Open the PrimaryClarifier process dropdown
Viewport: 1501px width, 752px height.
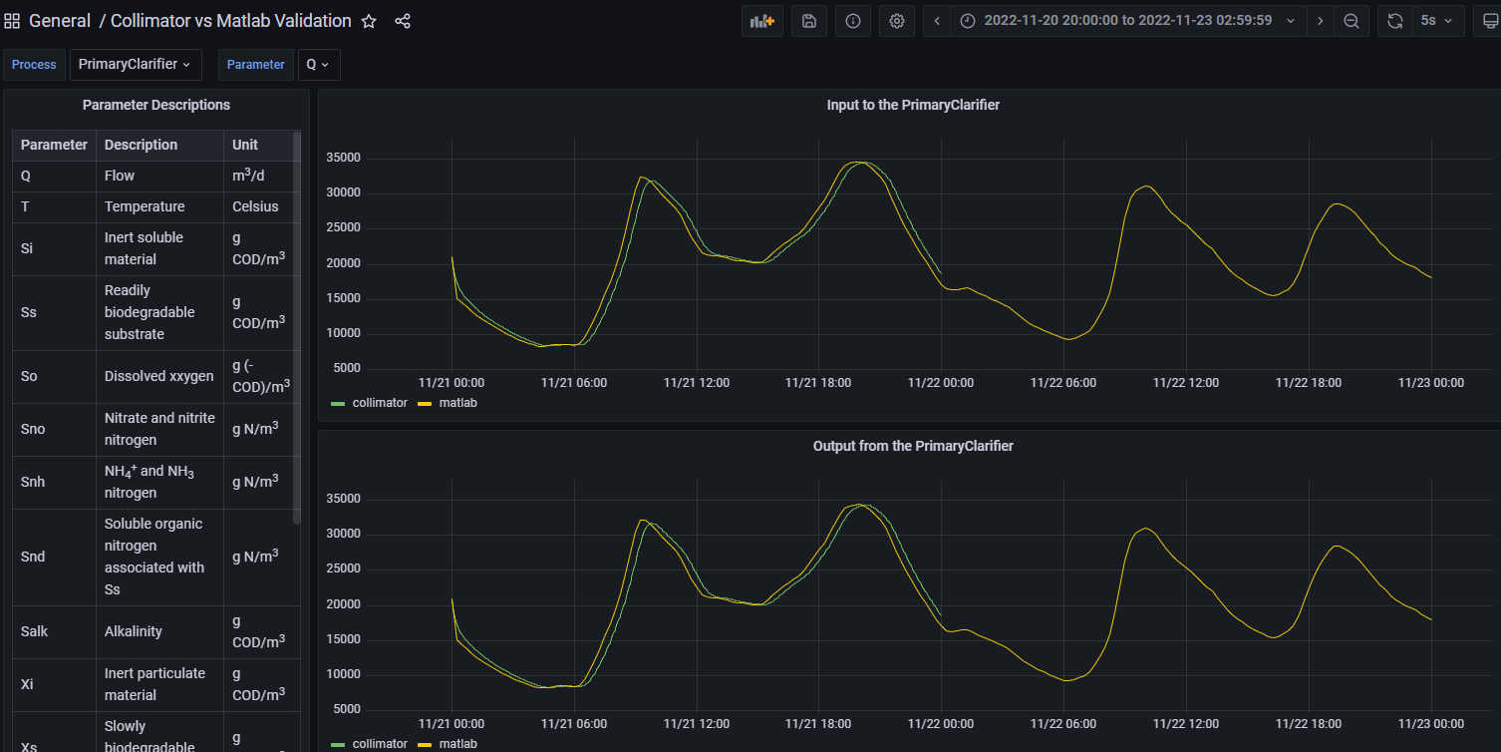click(135, 65)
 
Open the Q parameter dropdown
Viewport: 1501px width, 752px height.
click(318, 65)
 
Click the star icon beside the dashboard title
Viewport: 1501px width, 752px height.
click(369, 22)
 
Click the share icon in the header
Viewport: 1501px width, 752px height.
click(403, 22)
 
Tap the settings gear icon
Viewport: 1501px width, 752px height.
click(897, 22)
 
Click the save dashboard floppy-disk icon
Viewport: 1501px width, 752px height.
click(808, 22)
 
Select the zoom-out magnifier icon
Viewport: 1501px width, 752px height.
click(1351, 22)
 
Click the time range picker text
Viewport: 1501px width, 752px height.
click(1128, 21)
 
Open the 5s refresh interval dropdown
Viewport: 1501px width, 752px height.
click(1436, 22)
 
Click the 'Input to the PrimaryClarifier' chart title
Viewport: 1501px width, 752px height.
click(913, 106)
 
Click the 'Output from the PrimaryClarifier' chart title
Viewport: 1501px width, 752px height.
click(913, 446)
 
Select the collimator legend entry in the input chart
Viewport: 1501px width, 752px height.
click(369, 403)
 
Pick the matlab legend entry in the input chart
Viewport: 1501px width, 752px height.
click(448, 403)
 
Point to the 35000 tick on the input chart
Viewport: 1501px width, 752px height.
click(343, 158)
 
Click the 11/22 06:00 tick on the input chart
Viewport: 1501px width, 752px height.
click(1062, 383)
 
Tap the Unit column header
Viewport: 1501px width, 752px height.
click(244, 145)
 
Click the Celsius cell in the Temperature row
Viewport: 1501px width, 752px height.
click(255, 206)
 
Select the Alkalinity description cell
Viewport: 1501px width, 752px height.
click(134, 632)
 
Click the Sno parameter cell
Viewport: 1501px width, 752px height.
click(33, 429)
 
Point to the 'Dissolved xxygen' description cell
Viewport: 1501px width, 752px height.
click(158, 376)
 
